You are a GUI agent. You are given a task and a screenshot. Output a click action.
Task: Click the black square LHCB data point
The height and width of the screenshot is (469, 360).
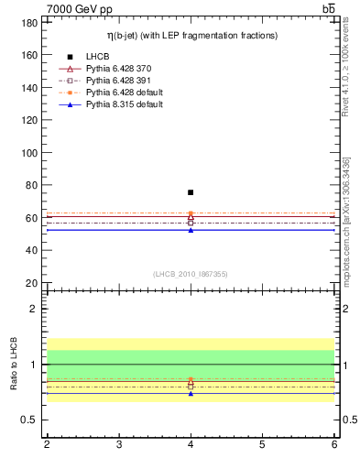(x=191, y=192)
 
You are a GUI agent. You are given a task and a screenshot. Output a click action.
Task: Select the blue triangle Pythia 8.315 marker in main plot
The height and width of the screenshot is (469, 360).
(x=191, y=230)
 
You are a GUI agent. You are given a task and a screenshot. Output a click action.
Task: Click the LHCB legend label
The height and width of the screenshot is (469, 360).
(x=98, y=57)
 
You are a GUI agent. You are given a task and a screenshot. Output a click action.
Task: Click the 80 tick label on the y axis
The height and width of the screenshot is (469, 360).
(x=33, y=185)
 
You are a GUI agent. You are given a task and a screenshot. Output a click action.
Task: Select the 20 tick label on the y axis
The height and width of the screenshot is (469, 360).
(x=33, y=283)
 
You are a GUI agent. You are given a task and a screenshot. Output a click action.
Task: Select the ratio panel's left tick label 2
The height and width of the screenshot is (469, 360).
(x=36, y=309)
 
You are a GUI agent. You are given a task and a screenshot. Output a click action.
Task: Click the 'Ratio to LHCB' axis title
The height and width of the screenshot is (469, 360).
(x=14, y=364)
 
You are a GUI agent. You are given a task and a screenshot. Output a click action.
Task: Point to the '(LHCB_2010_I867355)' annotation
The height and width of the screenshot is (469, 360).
(x=191, y=274)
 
